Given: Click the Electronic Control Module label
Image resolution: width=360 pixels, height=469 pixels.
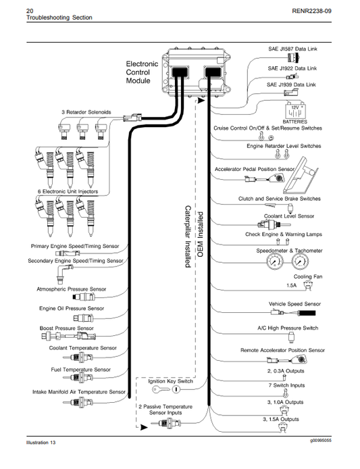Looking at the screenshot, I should [x=142, y=72].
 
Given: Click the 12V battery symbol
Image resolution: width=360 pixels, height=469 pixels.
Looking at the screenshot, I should [x=294, y=111].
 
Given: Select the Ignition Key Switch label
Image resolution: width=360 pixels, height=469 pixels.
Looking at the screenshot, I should [x=171, y=381].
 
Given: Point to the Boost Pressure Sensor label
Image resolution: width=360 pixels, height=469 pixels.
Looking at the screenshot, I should [x=66, y=328].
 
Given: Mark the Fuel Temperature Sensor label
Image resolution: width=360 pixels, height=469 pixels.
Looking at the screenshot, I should [x=80, y=370].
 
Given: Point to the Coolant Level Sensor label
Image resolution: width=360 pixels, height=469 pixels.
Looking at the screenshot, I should [x=289, y=216].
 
